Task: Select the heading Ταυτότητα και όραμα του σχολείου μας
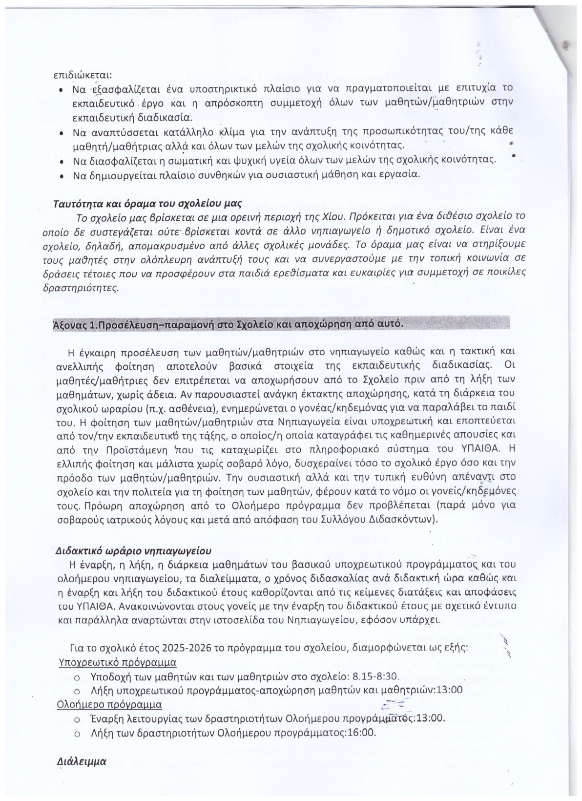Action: [147, 203]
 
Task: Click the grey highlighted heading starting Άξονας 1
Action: [228, 324]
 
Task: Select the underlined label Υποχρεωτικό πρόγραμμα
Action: [117, 663]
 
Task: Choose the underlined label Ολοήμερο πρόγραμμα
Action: [110, 705]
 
